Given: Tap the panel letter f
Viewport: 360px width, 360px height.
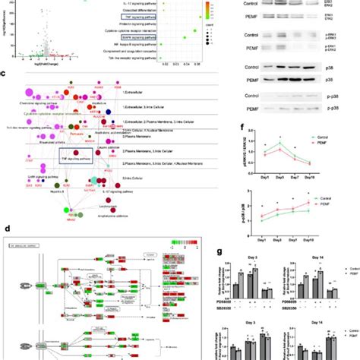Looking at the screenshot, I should [x=241, y=128].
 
